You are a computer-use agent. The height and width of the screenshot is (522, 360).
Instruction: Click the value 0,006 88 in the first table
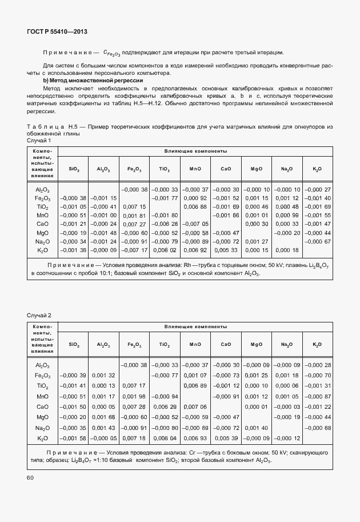(x=195, y=206)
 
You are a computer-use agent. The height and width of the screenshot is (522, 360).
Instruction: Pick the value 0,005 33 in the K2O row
(x=226, y=250)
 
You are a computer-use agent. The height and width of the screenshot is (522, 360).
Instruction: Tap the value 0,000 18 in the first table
(x=286, y=250)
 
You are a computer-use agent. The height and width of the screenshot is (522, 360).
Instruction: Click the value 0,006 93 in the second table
(x=195, y=438)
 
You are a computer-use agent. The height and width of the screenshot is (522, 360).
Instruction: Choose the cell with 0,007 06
(x=195, y=407)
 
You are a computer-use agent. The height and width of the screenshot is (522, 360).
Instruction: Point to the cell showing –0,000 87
(x=317, y=396)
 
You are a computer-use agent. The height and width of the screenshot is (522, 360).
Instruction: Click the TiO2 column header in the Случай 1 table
(x=164, y=169)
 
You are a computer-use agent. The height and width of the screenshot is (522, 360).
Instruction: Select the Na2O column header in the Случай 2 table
(x=286, y=345)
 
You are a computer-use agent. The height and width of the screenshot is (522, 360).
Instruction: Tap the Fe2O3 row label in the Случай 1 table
(x=43, y=198)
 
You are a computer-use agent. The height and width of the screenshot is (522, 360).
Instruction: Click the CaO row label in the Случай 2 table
(x=43, y=407)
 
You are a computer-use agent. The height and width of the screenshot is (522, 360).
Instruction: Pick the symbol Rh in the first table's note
(x=187, y=265)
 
